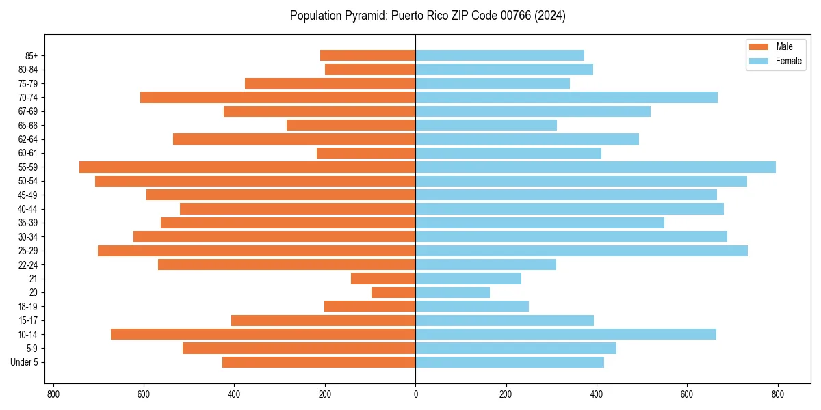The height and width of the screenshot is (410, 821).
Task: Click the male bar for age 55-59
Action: pyautogui.click(x=247, y=167)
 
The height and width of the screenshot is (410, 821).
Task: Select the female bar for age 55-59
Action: pyautogui.click(x=595, y=167)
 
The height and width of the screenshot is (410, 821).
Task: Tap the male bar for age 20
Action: pyautogui.click(x=393, y=292)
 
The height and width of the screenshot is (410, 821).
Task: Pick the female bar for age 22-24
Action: pyautogui.click(x=486, y=264)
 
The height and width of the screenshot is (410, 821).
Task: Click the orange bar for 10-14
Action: pyautogui.click(x=263, y=334)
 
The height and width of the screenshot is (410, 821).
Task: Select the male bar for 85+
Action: pyautogui.click(x=367, y=55)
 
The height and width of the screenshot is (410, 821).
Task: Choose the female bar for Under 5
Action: pyautogui.click(x=510, y=362)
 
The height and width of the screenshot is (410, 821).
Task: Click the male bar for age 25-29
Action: pyautogui.click(x=257, y=251)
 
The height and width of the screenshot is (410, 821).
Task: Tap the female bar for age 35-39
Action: pyautogui.click(x=540, y=223)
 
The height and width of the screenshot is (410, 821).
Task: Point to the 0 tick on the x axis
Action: pyautogui.click(x=415, y=394)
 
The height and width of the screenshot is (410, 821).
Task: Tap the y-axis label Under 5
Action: pyautogui.click(x=24, y=362)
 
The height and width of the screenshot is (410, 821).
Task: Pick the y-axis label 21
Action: pyautogui.click(x=33, y=279)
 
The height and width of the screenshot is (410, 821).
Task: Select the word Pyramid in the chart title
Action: pyautogui.click(x=365, y=16)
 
